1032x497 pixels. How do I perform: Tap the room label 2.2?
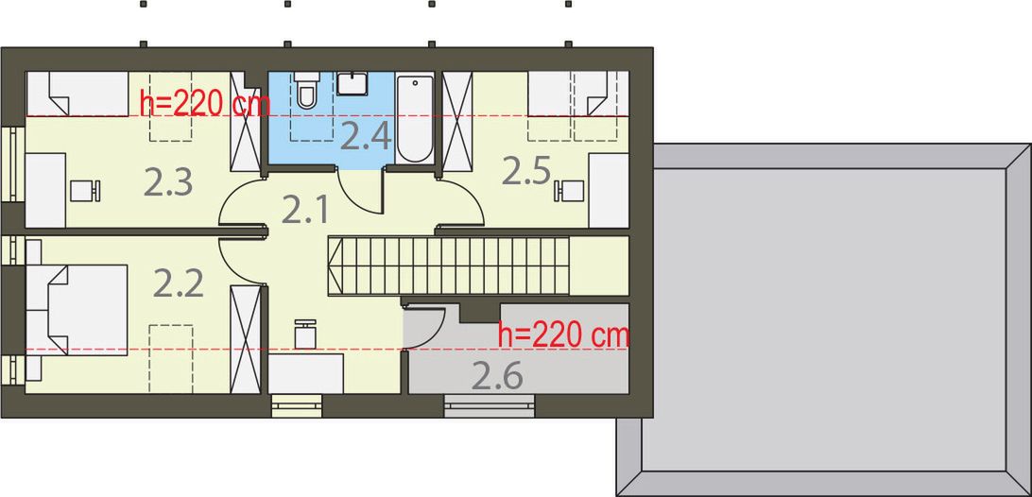pyautogui.click(x=179, y=283)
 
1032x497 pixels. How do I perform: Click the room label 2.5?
pyautogui.click(x=525, y=170)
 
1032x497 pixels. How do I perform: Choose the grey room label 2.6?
pyautogui.click(x=498, y=376)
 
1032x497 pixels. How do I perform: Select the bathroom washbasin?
pyautogui.click(x=353, y=84)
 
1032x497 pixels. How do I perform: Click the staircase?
pyautogui.click(x=450, y=266)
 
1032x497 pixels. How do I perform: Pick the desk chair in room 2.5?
pyautogui.click(x=570, y=191)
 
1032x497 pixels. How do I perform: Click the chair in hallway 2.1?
pyautogui.click(x=306, y=333)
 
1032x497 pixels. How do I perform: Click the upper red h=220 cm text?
pyautogui.click(x=204, y=103)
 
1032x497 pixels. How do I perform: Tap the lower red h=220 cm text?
pyautogui.click(x=563, y=334)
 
